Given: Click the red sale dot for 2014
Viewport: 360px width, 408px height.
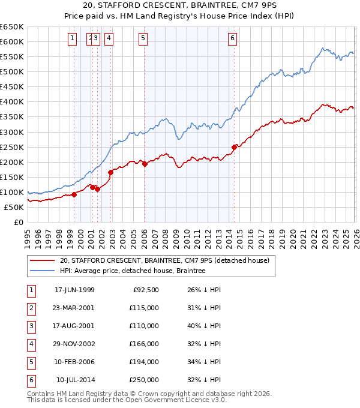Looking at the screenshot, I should (234, 147).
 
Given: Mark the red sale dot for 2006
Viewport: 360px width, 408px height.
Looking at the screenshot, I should (145, 164).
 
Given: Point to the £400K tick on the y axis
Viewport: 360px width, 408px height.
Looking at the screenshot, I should (12, 102).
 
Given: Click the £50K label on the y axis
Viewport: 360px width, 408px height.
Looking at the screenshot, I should (14, 207).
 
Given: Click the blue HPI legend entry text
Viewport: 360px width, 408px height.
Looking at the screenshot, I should (133, 271).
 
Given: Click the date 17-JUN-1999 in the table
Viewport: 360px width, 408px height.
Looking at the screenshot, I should (74, 290).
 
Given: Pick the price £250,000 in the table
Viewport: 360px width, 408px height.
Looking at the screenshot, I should (145, 380).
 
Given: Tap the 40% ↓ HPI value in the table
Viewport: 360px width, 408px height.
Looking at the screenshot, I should (204, 326).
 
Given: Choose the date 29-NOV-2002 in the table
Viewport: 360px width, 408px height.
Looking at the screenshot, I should (74, 344).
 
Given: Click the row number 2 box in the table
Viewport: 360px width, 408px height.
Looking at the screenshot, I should (30, 308).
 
